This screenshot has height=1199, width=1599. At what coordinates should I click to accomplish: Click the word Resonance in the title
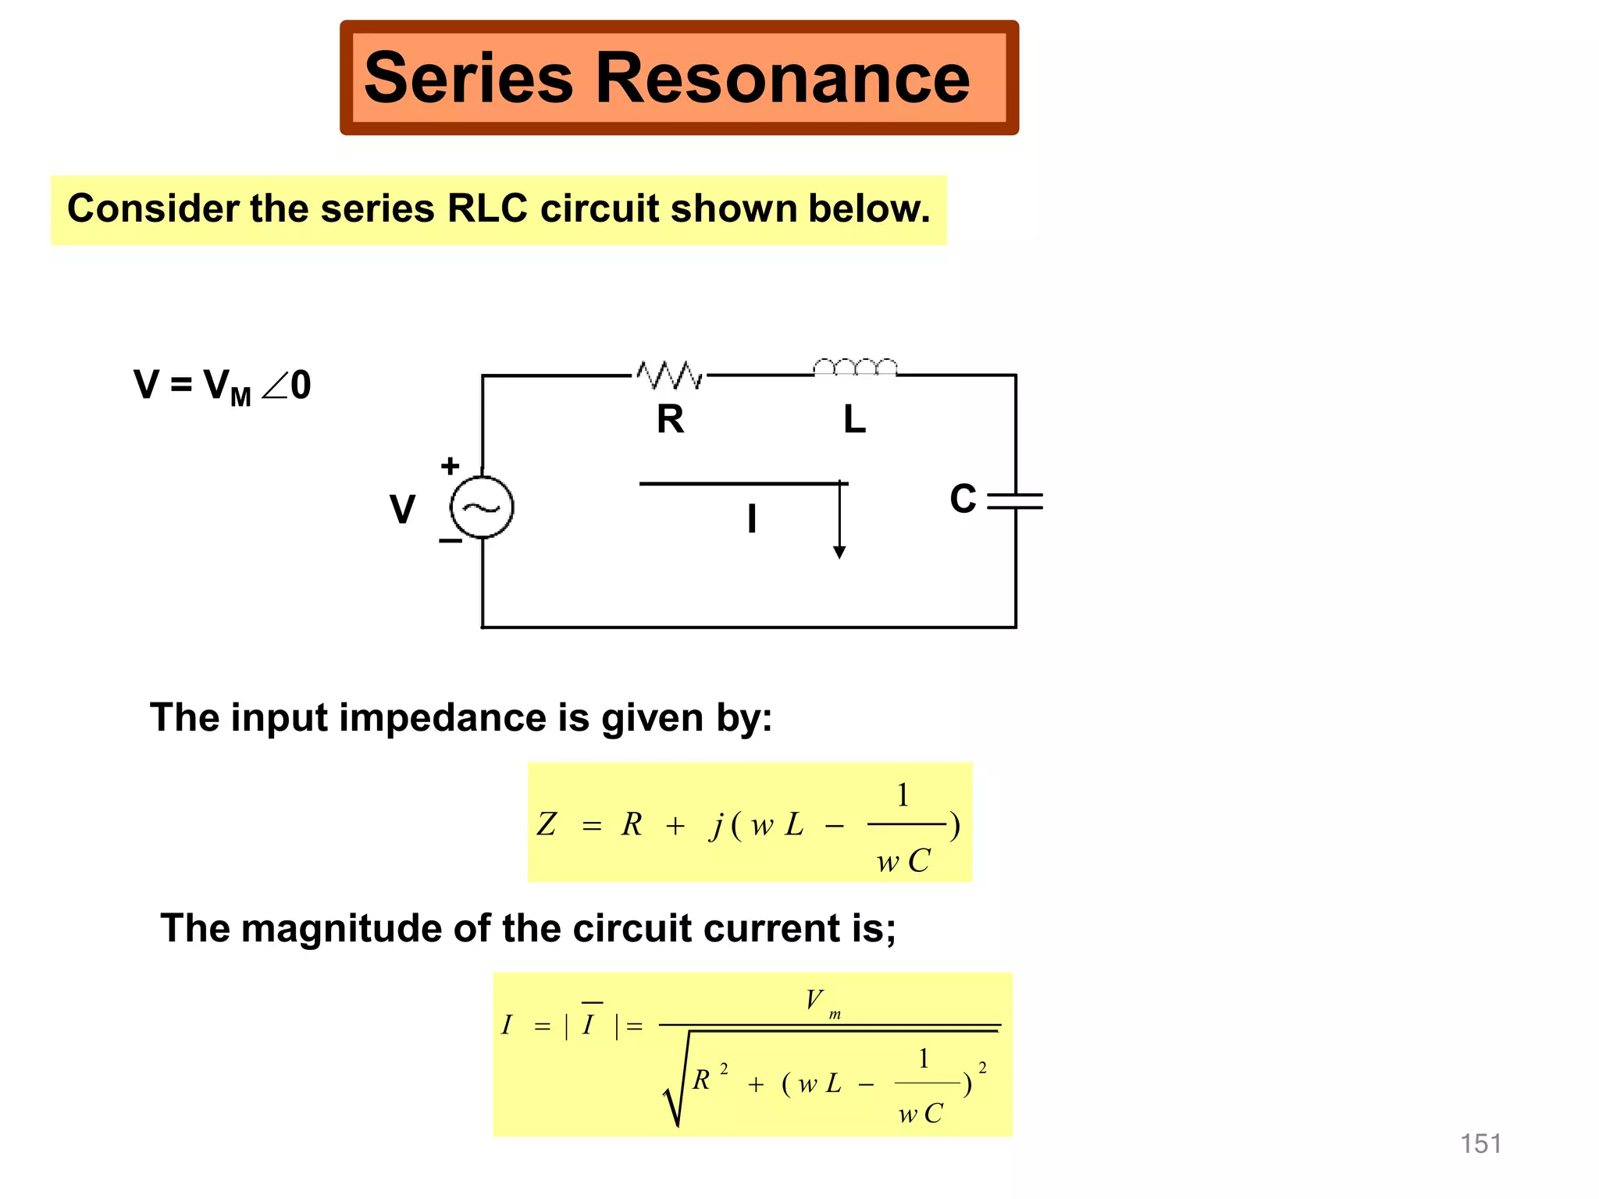point(782,78)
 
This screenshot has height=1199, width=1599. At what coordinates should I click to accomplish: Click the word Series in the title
point(468,78)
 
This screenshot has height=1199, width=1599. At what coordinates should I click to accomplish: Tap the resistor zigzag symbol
point(670,375)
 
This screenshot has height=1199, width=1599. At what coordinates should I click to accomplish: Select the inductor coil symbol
point(855,368)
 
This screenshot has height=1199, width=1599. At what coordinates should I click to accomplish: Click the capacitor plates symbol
point(1015,501)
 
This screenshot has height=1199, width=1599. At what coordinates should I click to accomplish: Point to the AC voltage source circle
point(483,507)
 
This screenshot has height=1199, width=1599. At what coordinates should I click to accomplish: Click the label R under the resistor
point(670,420)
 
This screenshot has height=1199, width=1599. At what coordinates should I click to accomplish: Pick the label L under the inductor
point(854,420)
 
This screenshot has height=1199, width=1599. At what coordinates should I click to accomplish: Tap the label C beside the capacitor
point(963,499)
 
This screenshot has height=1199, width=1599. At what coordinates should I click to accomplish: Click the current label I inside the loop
point(751,518)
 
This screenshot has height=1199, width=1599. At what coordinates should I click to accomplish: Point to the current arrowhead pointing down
point(839,552)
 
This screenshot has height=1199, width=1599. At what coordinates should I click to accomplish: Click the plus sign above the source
point(450,466)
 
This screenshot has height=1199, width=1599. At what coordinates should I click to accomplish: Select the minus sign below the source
point(450,540)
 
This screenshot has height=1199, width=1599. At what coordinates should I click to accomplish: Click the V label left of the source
point(402,510)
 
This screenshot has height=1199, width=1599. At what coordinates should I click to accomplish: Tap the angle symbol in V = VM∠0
point(275,386)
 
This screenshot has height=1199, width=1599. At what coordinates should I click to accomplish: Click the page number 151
point(1480,1144)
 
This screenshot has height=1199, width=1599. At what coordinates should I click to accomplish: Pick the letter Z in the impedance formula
point(547,824)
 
